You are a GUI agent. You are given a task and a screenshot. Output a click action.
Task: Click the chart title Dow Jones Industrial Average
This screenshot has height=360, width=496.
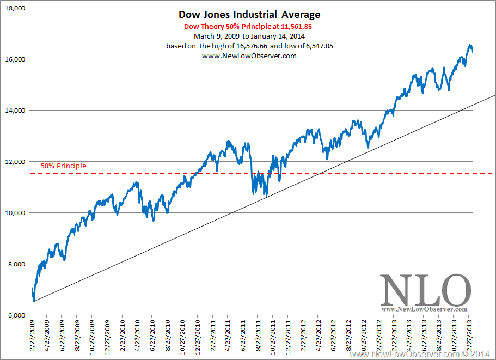point(249,15)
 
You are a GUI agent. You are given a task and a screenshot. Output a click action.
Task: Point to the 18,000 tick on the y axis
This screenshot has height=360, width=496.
point(15,8)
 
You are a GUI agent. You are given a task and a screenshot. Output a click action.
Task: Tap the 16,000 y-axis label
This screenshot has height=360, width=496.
point(15,59)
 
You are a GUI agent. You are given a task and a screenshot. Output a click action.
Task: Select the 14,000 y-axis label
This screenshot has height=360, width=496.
point(15,111)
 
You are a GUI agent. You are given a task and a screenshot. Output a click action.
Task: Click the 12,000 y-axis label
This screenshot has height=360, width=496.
point(15,162)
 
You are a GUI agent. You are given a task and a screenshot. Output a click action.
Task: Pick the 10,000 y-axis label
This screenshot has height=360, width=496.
point(15,213)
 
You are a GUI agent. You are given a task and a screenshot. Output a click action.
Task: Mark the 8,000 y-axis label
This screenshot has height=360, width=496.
point(16,264)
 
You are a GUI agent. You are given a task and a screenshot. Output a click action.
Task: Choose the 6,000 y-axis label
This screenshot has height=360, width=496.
point(16,315)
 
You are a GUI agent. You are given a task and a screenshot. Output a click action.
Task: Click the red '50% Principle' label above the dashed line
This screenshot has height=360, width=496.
point(63,166)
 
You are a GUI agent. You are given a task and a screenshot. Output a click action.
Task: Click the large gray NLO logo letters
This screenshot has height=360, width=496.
point(425,291)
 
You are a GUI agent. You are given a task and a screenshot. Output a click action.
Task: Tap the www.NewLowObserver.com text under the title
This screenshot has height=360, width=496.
point(249,56)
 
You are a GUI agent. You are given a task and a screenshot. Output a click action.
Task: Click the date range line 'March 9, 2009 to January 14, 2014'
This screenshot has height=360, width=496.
point(249,36)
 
